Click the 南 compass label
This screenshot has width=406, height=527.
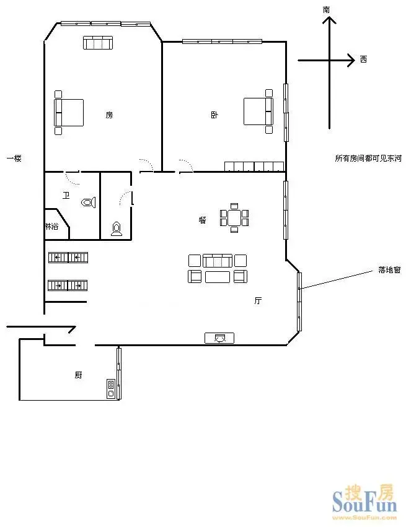[326, 10]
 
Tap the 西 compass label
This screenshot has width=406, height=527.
[363, 59]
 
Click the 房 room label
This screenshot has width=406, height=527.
[109, 115]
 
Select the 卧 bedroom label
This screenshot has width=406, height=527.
[214, 115]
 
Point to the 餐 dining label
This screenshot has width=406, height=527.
[202, 220]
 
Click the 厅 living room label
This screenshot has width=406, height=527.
[258, 300]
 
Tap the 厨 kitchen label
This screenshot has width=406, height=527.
[78, 375]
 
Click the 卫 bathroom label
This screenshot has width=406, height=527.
[66, 195]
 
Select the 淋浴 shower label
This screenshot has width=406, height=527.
[52, 227]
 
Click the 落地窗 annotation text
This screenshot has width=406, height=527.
[389, 269]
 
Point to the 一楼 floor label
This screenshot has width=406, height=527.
[14, 158]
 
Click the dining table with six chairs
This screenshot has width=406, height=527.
[234, 218]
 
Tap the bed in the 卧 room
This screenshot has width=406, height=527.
[258, 111]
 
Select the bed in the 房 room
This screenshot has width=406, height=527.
[69, 113]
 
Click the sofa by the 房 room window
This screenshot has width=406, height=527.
[97, 43]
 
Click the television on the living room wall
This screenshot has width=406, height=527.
[219, 338]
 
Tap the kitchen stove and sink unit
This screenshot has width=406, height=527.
[111, 389]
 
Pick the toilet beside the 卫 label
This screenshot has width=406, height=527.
[89, 203]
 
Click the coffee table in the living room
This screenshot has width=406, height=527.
[218, 277]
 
